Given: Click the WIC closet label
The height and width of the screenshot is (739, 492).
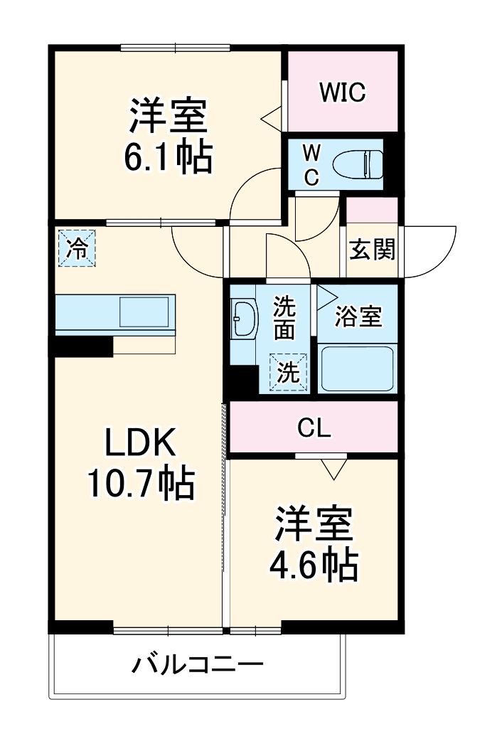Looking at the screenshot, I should coord(341,92).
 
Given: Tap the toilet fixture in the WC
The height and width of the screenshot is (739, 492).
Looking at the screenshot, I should coord(363,164).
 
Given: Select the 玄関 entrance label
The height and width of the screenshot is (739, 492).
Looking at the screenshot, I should coord(371,250).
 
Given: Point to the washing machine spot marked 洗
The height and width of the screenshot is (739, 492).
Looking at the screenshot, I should coord(288,373).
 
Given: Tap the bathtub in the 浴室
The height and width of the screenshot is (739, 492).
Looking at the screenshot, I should coord(356,368).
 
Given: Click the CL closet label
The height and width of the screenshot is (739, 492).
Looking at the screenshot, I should coord(314,428).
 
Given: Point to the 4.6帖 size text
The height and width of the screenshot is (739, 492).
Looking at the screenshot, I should coord(313,565).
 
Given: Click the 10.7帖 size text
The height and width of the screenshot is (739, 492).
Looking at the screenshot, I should coord(140,484).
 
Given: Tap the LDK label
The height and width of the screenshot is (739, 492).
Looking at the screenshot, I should coord(140,445).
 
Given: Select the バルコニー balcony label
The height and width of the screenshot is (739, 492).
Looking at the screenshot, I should coord(197,666).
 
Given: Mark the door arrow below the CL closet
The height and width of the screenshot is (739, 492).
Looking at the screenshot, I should coord(333,469).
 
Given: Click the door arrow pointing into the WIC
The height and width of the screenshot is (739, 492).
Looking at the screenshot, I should coord(271,118).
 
